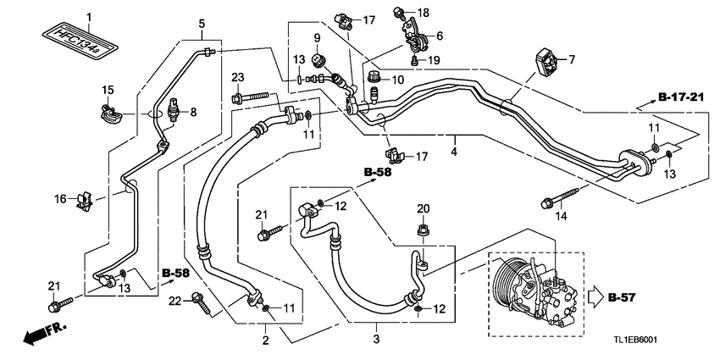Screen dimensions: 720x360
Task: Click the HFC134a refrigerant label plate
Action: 79,40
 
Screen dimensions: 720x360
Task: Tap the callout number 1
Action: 89,17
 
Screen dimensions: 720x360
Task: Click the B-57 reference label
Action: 622,297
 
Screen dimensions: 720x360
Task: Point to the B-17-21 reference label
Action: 680,97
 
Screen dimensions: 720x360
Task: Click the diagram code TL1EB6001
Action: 636,340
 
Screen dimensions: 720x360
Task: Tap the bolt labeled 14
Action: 559,197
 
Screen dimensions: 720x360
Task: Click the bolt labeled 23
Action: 251,97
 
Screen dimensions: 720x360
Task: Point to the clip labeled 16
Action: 85,201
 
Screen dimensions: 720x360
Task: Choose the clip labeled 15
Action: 111,114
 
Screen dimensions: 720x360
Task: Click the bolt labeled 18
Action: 399,12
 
